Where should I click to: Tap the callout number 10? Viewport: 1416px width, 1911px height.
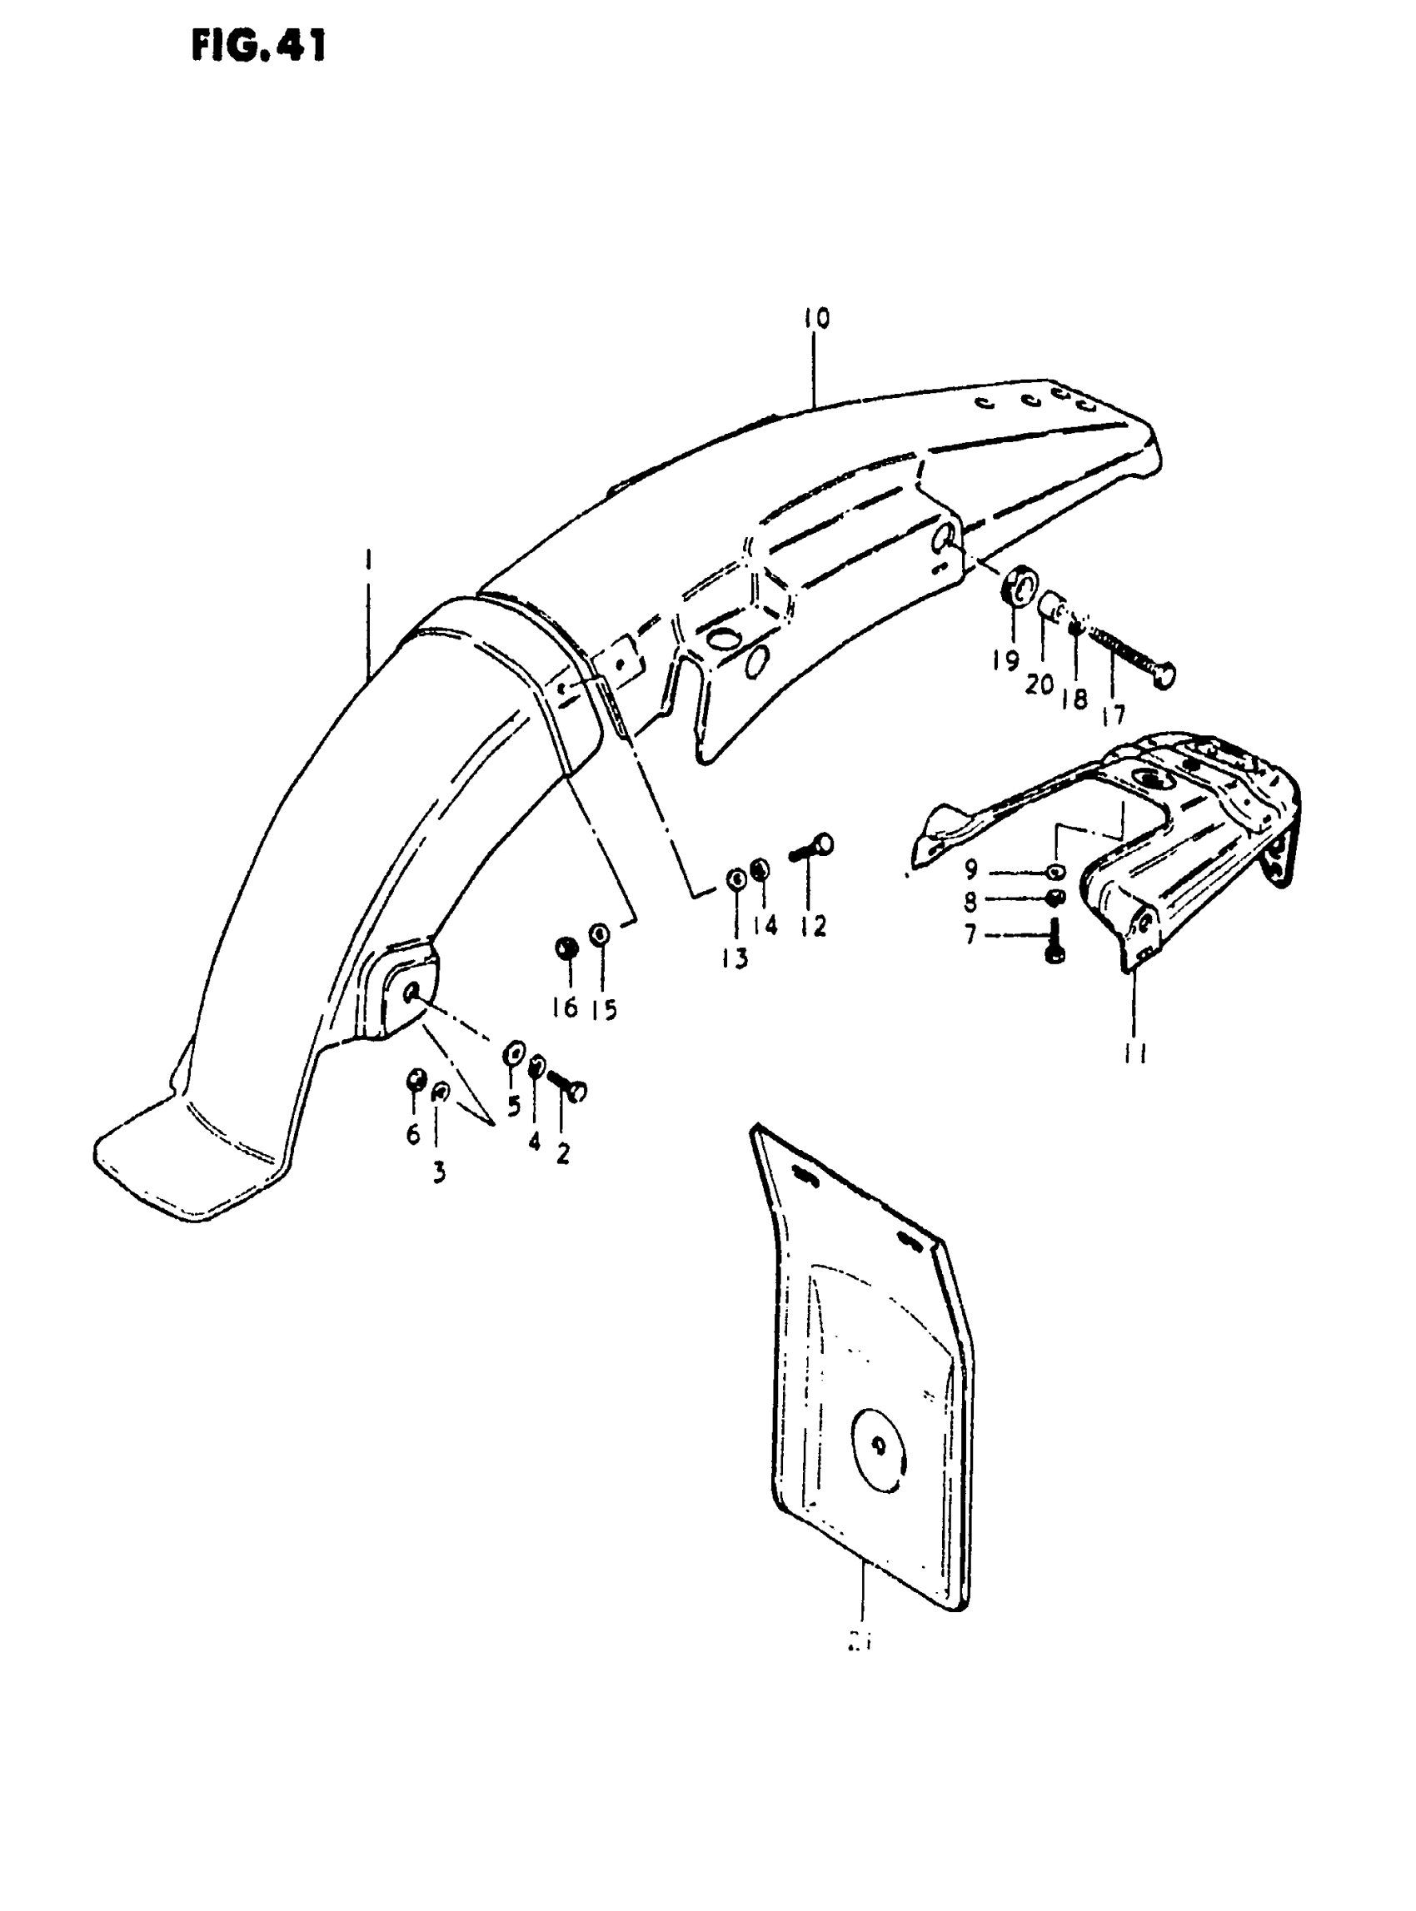[816, 319]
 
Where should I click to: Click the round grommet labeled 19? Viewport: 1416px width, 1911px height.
[1017, 591]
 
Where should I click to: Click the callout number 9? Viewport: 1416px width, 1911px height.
[970, 870]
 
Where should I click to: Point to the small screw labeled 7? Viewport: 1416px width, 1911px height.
[1055, 941]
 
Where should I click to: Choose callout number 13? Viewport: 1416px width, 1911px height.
[735, 958]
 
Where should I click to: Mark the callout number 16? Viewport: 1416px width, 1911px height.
[565, 1008]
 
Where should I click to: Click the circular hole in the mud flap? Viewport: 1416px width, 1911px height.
[877, 1446]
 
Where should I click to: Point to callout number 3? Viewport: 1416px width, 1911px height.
[439, 1172]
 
